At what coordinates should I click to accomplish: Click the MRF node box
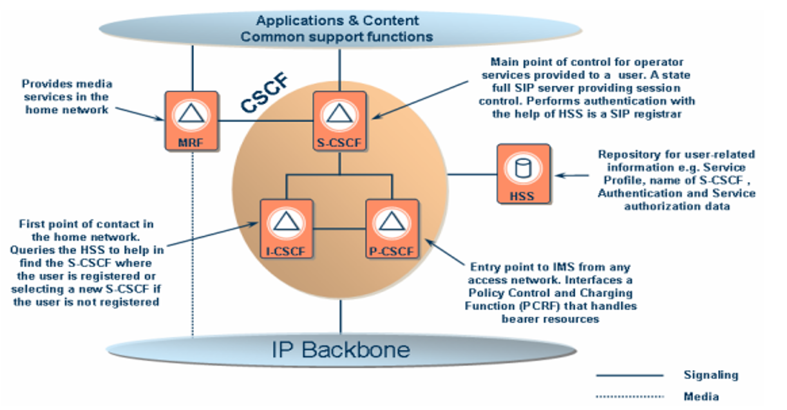[x=191, y=120]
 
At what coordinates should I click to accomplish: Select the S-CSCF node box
[x=339, y=120]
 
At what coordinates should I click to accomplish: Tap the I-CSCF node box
[x=286, y=228]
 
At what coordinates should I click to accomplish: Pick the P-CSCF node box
[x=392, y=228]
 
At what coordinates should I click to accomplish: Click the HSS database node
[x=523, y=174]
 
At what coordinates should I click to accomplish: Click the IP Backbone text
[x=341, y=349]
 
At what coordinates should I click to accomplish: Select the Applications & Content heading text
[x=337, y=21]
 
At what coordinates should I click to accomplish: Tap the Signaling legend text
[x=710, y=375]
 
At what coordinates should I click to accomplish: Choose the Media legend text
[x=701, y=396]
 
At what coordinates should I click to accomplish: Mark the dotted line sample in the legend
[x=629, y=396]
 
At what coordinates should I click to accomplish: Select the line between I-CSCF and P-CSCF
[x=339, y=227]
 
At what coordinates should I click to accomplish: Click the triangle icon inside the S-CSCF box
[x=339, y=114]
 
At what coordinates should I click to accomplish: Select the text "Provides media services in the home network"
[x=67, y=97]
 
